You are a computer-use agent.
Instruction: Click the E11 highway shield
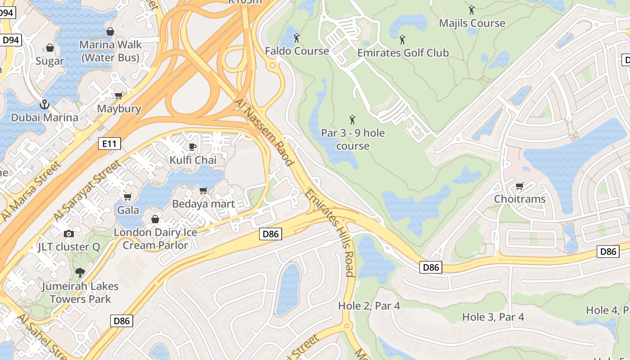[x=109, y=144]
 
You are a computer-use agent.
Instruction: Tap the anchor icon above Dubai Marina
[x=44, y=104]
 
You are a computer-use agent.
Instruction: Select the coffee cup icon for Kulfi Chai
[x=193, y=147]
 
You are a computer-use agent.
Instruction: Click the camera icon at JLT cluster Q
[x=69, y=234]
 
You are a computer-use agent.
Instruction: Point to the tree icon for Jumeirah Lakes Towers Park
[x=80, y=273]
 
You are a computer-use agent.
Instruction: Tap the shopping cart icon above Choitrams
[x=519, y=186]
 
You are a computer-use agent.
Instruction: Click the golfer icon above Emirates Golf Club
[x=402, y=40]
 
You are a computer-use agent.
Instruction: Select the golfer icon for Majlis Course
[x=472, y=10]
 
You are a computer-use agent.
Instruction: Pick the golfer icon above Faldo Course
[x=297, y=38]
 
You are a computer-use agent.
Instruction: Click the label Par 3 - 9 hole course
[x=353, y=139]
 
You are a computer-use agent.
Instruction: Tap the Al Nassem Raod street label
[x=264, y=133]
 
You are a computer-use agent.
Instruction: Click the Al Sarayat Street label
[x=87, y=191]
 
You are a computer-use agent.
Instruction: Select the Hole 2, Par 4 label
[x=369, y=306]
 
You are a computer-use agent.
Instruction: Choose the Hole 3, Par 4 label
[x=493, y=317]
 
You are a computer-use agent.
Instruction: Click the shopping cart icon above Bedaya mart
[x=203, y=191]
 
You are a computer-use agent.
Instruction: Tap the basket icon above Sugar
[x=50, y=48]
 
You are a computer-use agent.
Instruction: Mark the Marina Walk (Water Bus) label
[x=111, y=51]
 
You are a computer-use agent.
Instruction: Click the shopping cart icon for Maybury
[x=119, y=95]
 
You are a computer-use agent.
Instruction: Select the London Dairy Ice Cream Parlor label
[x=155, y=239]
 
